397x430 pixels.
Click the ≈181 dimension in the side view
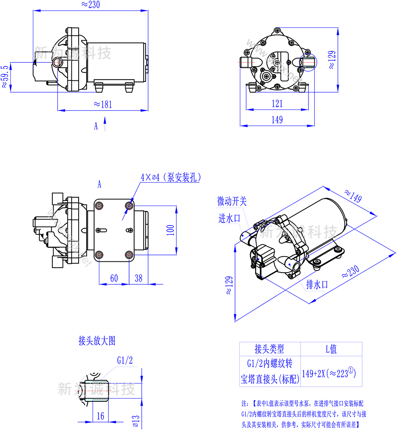click(103, 104)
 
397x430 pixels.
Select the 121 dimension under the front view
click(278, 103)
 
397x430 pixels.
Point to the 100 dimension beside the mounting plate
click(171, 230)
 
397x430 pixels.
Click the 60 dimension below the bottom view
click(114, 278)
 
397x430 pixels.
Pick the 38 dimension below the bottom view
click(139, 278)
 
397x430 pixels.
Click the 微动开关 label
click(232, 201)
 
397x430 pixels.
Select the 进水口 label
click(229, 218)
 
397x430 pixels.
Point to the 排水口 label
click(317, 284)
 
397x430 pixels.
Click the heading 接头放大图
click(97, 340)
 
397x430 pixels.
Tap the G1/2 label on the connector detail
click(125, 360)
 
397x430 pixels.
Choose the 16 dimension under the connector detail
click(100, 416)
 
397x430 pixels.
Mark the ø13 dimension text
click(135, 419)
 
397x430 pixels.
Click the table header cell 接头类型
click(270, 349)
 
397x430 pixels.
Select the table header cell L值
click(331, 349)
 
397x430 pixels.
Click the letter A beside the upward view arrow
click(96, 126)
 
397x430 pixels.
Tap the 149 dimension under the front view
click(278, 119)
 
